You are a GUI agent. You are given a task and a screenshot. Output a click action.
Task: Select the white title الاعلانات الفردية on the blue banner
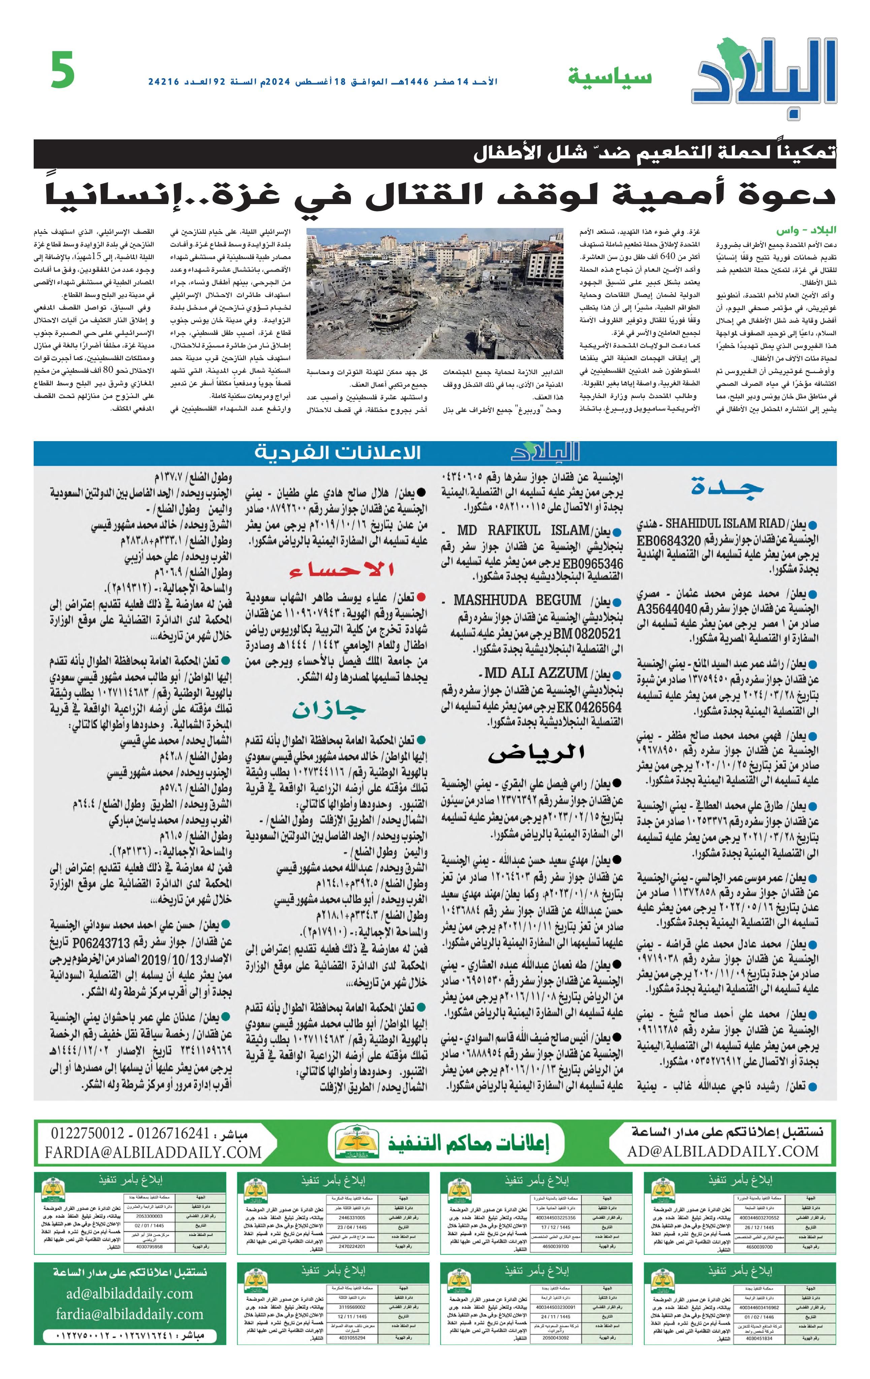[x=337, y=453]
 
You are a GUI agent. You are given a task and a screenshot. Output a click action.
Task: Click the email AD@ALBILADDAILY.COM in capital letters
[x=723, y=1150]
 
